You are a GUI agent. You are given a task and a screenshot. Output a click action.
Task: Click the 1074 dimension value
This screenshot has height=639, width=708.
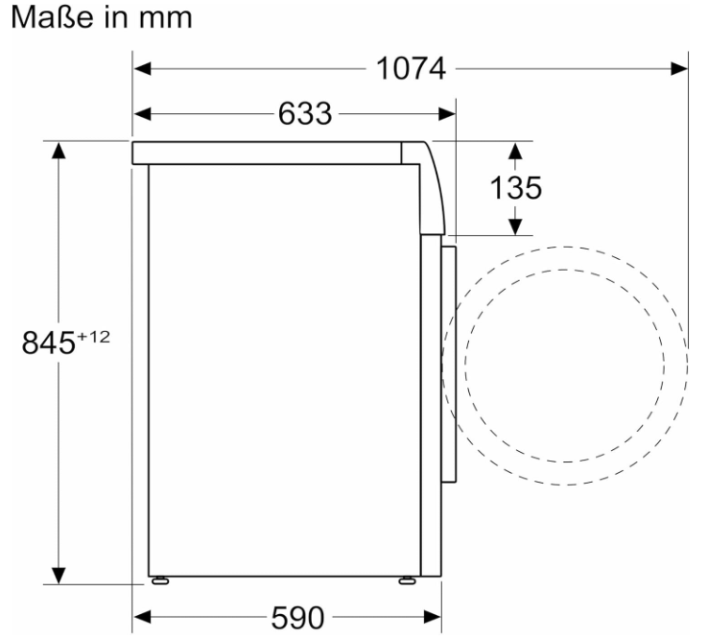point(411,69)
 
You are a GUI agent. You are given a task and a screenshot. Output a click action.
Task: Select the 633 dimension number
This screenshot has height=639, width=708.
point(305,114)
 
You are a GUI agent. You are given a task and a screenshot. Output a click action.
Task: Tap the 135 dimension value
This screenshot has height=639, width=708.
point(515,188)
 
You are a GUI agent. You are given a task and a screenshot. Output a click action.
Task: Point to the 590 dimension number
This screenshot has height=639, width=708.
point(297,617)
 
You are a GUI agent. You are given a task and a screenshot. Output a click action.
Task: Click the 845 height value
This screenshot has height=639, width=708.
point(48,343)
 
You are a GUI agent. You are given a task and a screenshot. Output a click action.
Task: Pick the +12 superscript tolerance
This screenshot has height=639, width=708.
point(93,337)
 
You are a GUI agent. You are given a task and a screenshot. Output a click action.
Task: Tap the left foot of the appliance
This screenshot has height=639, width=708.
point(160,580)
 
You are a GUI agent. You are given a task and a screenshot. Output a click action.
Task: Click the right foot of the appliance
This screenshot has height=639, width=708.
point(408,580)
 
